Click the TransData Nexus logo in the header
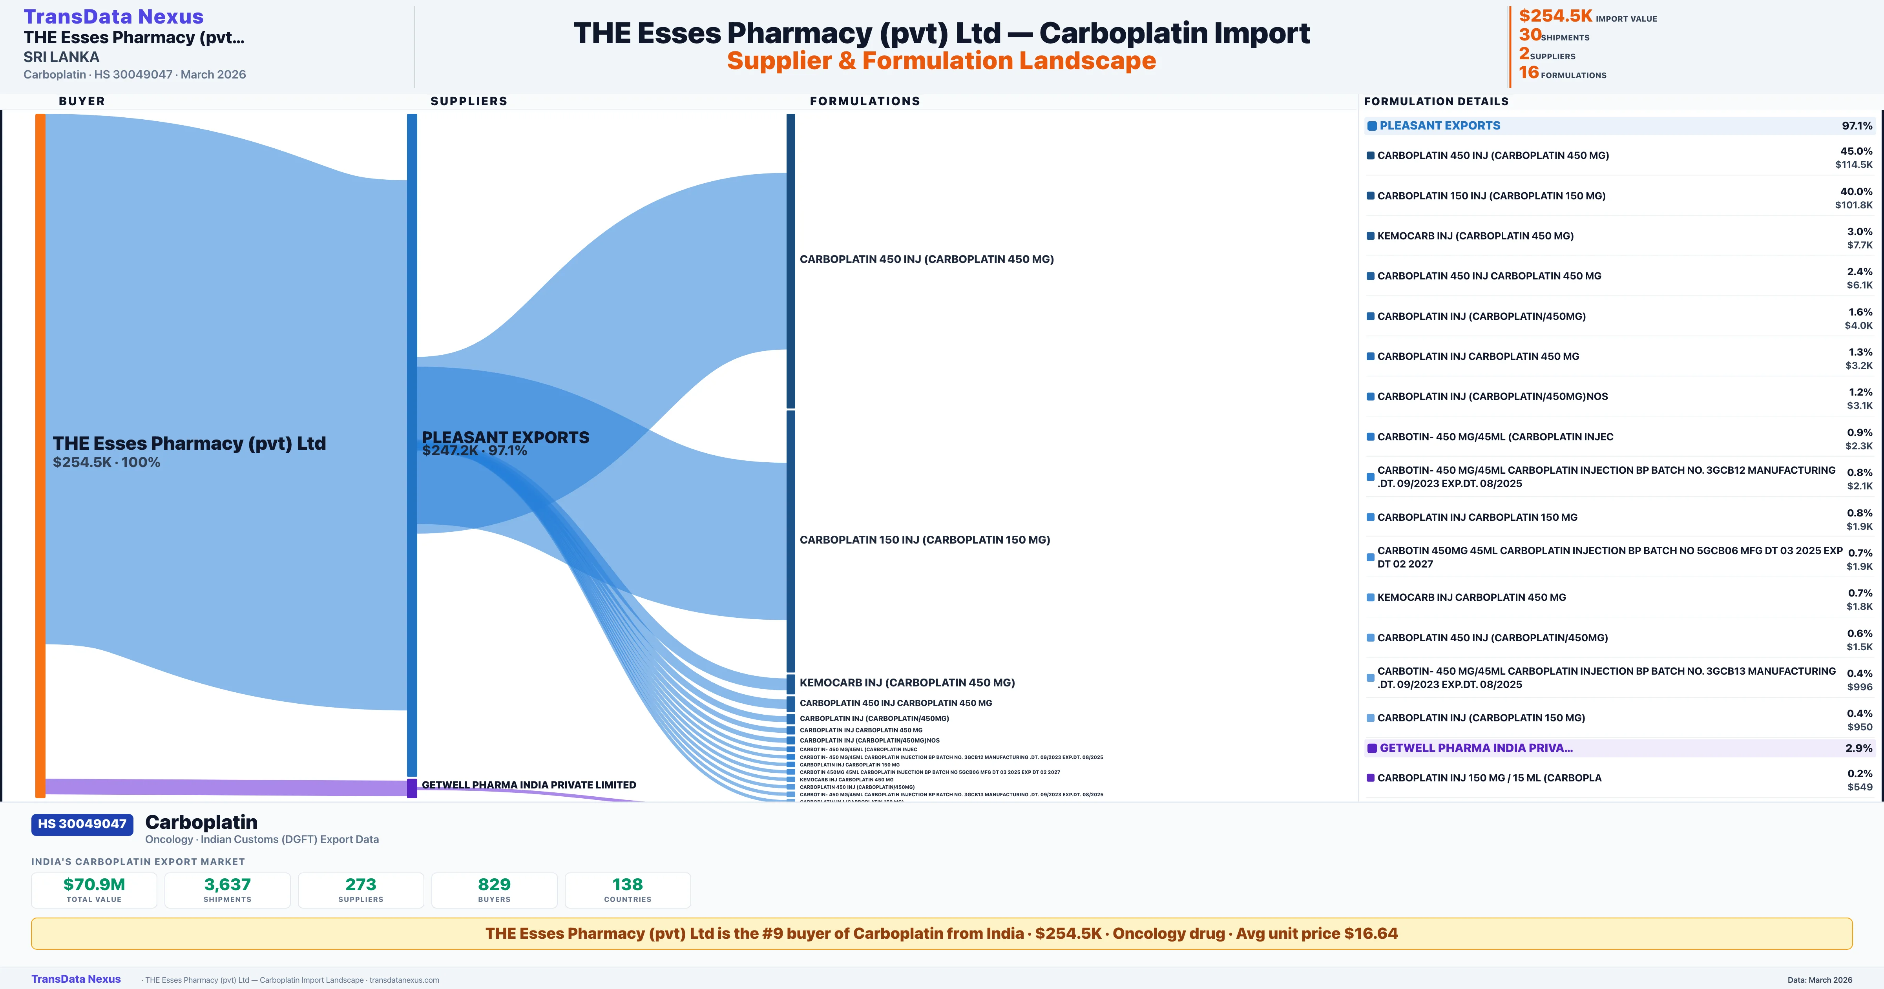click(x=113, y=16)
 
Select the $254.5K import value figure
click(x=1555, y=15)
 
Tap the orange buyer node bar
click(x=40, y=454)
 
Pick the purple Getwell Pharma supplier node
click(x=412, y=788)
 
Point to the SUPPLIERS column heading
click(x=469, y=101)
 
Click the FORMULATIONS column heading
click(x=864, y=101)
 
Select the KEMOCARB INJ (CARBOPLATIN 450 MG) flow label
click(x=907, y=682)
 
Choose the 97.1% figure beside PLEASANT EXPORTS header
click(x=1856, y=126)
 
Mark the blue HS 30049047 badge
click(x=82, y=825)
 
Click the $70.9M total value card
click(x=94, y=890)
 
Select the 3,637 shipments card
click(x=228, y=890)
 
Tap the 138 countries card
click(x=628, y=890)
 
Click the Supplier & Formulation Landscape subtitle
click(x=941, y=61)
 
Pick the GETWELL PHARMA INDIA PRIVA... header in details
click(x=1476, y=748)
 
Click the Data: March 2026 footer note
click(x=1820, y=980)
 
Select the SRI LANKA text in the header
click(x=62, y=57)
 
